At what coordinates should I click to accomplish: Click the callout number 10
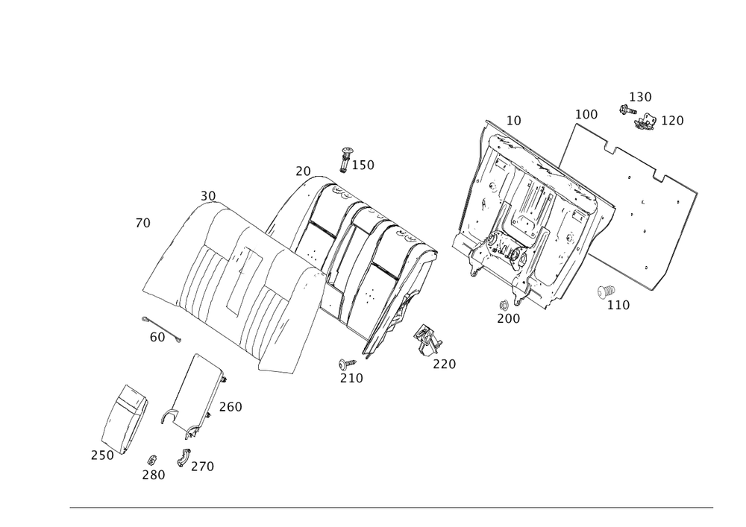coord(513,119)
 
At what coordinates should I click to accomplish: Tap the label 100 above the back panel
coord(587,114)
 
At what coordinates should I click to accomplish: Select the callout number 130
coord(640,97)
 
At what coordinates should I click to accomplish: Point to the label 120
coord(672,120)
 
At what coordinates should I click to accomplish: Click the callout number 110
coord(618,304)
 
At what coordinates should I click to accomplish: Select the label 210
coord(351,379)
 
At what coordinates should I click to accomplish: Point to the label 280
coord(154,475)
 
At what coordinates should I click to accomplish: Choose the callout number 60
coord(157,338)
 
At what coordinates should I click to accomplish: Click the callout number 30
coord(207,195)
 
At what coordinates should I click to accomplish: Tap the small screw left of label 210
coord(342,363)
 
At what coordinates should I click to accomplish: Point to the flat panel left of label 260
coord(195,392)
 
